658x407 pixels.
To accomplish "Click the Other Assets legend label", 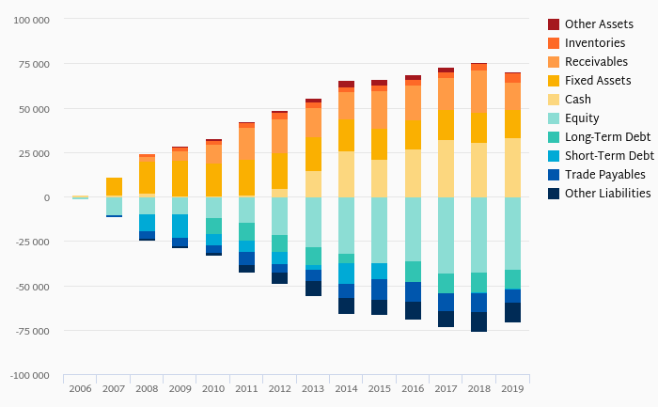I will [599, 23].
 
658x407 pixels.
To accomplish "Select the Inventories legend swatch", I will [555, 42].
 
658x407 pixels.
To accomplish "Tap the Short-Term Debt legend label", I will [609, 155].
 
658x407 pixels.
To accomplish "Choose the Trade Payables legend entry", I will [605, 174].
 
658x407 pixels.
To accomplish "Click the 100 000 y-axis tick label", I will [31, 20].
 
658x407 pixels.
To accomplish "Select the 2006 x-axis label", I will [80, 388].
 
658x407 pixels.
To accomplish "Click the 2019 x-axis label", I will [512, 388].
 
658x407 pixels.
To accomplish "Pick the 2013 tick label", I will [313, 388].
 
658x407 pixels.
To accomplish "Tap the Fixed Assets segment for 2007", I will [114, 186].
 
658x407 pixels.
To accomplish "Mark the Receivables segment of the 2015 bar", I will [379, 110].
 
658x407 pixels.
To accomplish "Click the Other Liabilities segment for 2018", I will [479, 321].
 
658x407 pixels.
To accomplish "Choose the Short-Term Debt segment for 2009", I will [180, 226].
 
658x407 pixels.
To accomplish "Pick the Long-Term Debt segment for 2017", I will [446, 283].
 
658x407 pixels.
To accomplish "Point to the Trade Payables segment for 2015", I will [379, 290].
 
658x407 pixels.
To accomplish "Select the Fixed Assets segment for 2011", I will [246, 177].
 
